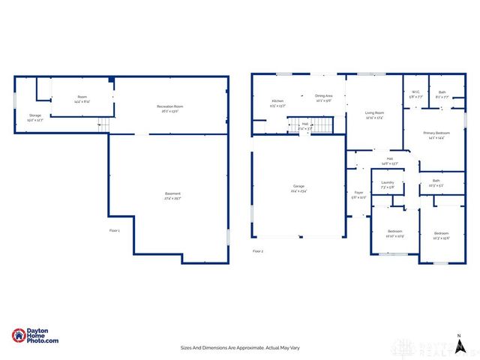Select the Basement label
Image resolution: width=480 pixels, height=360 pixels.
pos(172,196)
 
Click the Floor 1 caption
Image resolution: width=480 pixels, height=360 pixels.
pos(114,230)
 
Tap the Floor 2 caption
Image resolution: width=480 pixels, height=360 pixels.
pos(258,250)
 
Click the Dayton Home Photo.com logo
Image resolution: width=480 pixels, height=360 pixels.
pos(34,337)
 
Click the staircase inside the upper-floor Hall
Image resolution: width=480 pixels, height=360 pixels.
pos(321,125)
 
